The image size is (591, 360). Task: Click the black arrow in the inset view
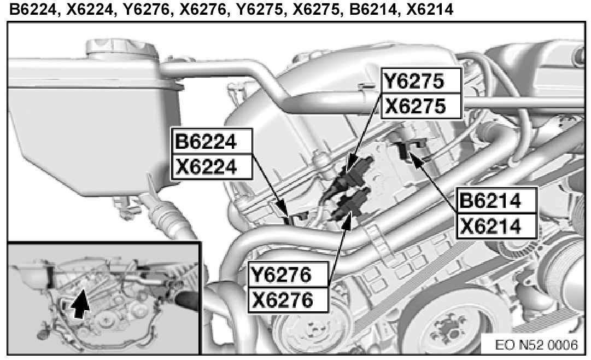(81, 303)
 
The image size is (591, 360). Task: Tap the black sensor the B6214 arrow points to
(405, 148)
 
